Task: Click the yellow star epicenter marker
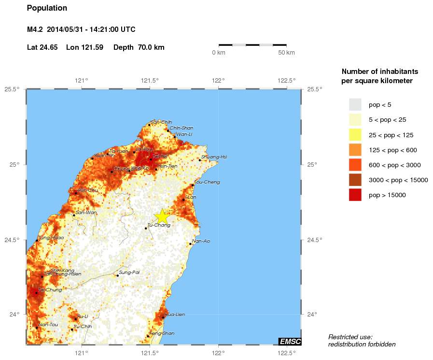pos(162,216)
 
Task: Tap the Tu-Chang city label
pos(158,225)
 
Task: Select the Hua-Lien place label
pos(175,315)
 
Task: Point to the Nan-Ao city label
pos(200,241)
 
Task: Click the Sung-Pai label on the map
pos(129,273)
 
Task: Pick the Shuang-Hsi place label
pos(214,157)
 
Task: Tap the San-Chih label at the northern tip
pos(161,122)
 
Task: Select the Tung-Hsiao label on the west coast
pos(51,238)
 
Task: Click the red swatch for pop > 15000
pos(355,195)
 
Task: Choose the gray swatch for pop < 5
pos(355,104)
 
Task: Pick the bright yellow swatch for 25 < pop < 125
pos(355,135)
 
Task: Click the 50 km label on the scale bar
pos(286,52)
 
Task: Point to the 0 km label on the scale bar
pos(219,52)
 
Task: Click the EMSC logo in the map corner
pos(290,342)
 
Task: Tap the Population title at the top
pos(47,8)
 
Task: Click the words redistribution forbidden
pos(362,344)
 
